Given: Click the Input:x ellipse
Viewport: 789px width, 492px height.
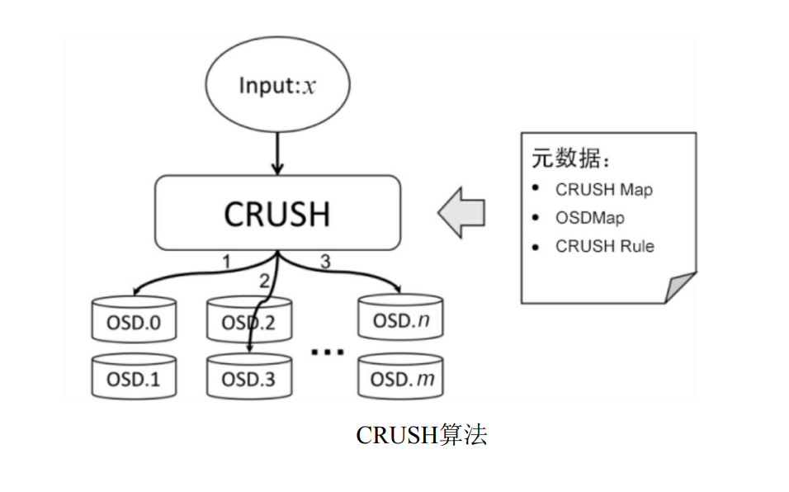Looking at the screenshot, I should point(276,86).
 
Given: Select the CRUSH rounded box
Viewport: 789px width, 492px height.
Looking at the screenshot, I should point(277,213).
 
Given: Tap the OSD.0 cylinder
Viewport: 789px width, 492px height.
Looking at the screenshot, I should point(132,321).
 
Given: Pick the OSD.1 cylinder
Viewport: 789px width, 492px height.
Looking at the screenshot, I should point(132,378).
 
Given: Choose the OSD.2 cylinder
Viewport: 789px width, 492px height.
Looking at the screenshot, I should point(248,321).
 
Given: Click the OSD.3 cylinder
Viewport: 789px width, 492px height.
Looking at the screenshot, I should point(248,378).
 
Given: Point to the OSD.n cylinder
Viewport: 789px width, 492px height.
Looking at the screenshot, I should point(400,320).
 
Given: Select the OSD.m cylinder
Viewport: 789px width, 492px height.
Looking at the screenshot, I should point(400,378).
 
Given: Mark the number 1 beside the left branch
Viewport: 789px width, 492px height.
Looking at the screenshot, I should point(226,262).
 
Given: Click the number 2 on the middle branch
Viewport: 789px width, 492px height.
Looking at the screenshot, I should point(264,281).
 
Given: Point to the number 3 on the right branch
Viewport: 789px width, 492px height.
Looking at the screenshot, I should point(324,262).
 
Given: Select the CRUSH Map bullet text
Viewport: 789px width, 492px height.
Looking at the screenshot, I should point(603,189).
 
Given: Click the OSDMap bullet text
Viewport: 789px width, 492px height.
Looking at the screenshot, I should point(589,218).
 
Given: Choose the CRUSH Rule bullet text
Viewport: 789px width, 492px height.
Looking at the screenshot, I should point(604,246).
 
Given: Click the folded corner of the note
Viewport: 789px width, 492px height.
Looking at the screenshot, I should point(681,288).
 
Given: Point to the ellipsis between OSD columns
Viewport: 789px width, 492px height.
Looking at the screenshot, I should point(327,352).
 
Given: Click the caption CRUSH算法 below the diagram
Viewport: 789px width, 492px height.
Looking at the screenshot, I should point(421,435).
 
